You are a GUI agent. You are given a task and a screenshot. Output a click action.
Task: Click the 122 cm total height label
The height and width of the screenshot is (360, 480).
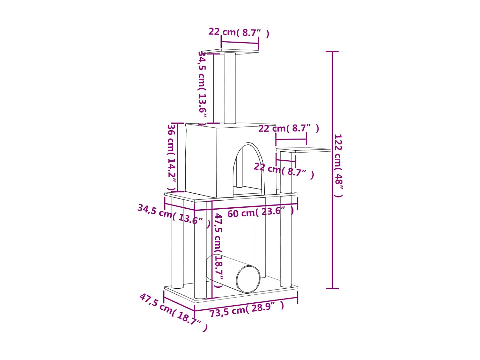(x=338, y=165)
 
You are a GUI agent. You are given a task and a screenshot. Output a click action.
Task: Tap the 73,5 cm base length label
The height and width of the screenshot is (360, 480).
(x=247, y=309)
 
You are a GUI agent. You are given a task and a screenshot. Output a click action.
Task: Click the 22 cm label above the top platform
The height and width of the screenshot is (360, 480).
(x=239, y=33)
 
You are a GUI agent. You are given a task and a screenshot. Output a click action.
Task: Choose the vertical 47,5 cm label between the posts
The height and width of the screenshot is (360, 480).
(x=218, y=250)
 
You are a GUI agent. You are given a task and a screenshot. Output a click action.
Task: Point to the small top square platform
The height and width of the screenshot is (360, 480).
(x=230, y=51)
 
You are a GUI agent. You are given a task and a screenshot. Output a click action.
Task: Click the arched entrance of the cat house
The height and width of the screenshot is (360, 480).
(x=248, y=170)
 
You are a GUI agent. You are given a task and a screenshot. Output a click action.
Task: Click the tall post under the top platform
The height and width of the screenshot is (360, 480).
(x=230, y=88)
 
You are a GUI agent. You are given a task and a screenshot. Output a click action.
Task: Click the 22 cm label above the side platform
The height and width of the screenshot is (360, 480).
(x=289, y=129)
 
